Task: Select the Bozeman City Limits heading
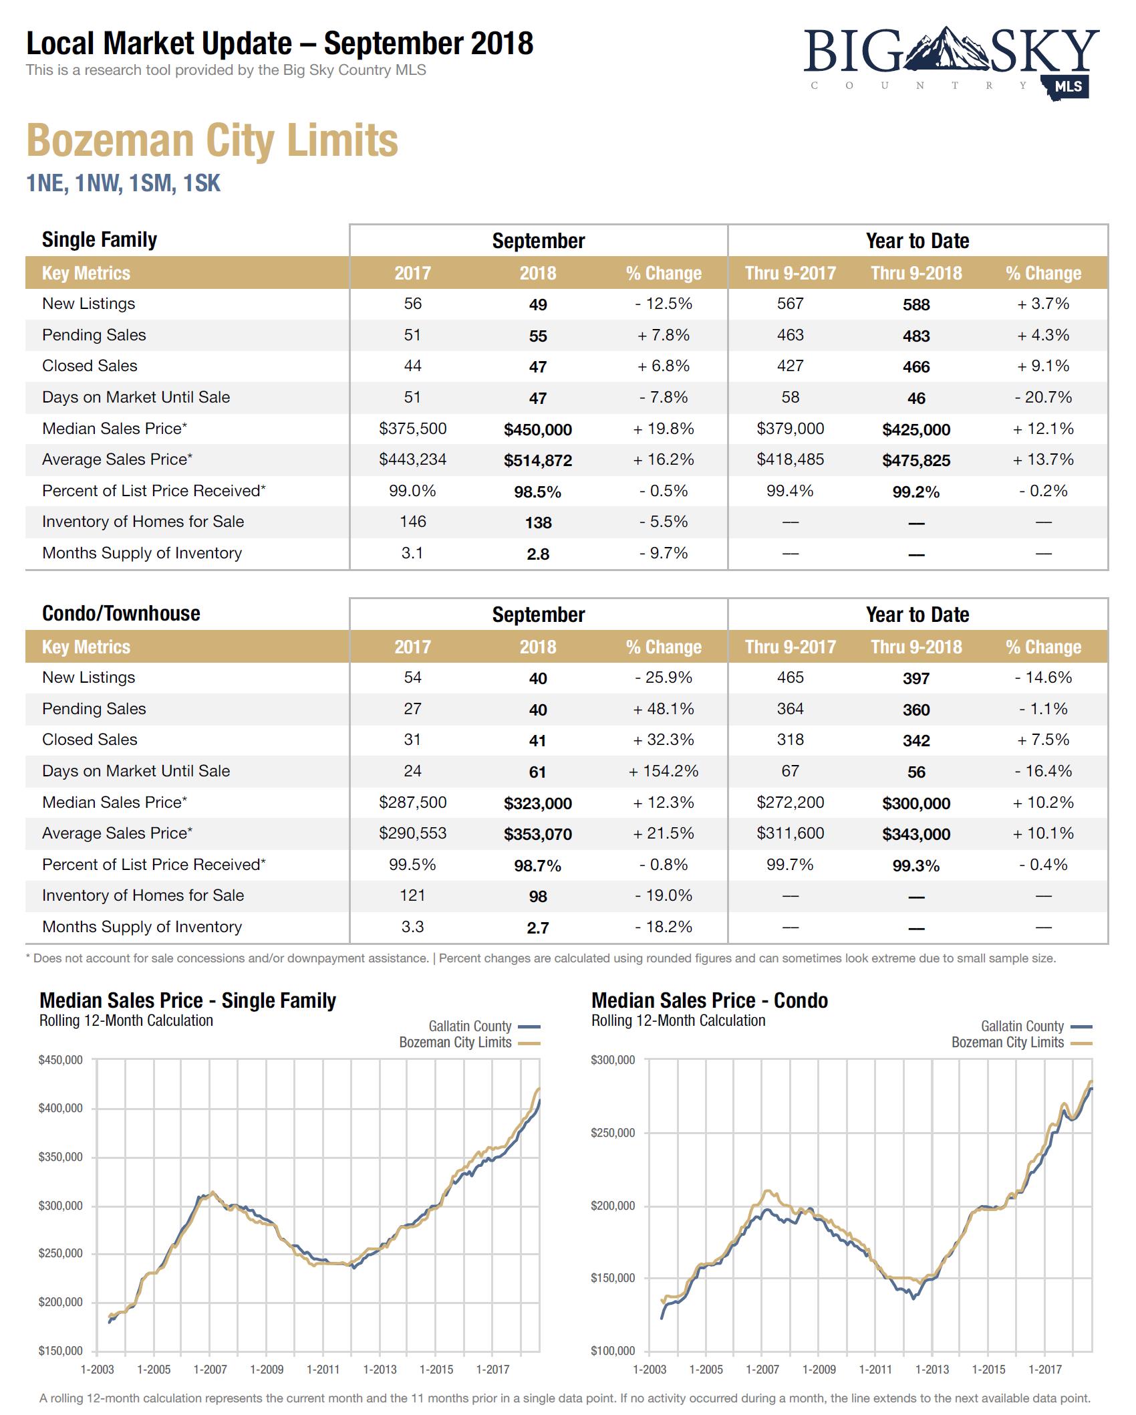(x=212, y=140)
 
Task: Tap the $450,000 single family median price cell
(x=537, y=429)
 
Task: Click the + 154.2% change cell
(x=663, y=771)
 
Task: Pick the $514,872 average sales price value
(x=537, y=461)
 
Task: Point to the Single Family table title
(x=100, y=239)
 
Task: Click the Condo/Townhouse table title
(x=121, y=613)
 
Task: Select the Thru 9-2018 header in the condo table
(x=915, y=647)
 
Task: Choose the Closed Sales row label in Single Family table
(x=90, y=366)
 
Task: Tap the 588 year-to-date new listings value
(x=915, y=305)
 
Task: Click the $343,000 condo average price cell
(x=915, y=834)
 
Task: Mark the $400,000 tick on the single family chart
(x=61, y=1108)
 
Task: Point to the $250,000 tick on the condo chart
(x=613, y=1133)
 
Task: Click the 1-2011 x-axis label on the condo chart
(x=875, y=1370)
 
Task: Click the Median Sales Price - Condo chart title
(x=709, y=1000)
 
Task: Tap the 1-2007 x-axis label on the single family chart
(x=210, y=1370)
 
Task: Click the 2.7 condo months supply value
(x=537, y=928)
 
